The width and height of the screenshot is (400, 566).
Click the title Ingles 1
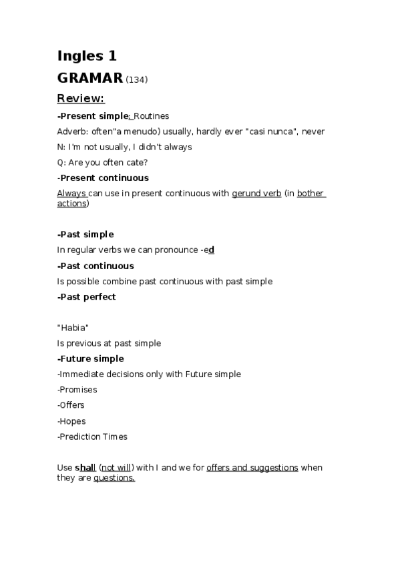pyautogui.click(x=87, y=56)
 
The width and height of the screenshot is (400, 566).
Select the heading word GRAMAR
pyautogui.click(x=90, y=78)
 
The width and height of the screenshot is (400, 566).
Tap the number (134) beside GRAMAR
pyautogui.click(x=136, y=80)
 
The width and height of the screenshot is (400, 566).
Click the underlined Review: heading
pyautogui.click(x=80, y=99)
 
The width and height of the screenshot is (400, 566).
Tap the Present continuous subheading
pyautogui.click(x=104, y=178)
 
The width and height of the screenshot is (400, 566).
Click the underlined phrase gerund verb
pyautogui.click(x=256, y=194)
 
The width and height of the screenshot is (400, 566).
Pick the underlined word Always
pyautogui.click(x=71, y=194)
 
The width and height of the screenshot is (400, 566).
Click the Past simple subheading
pyautogui.click(x=85, y=234)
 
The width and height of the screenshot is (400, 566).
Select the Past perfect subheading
pyautogui.click(x=87, y=297)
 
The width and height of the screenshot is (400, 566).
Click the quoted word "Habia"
pyautogui.click(x=73, y=328)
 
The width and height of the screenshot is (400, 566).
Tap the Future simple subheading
pyautogui.click(x=91, y=359)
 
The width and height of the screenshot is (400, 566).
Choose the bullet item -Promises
pyautogui.click(x=77, y=390)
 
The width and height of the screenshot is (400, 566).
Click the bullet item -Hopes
pyautogui.click(x=71, y=421)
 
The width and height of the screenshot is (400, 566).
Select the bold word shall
pyautogui.click(x=85, y=468)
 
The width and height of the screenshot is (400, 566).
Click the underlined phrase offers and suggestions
pyautogui.click(x=252, y=468)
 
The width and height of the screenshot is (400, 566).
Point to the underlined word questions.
pyautogui.click(x=114, y=478)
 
